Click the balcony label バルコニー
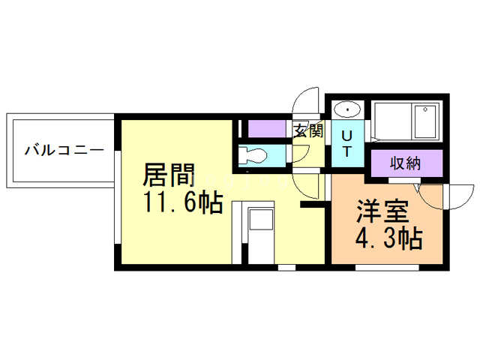coord(63,149)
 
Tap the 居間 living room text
coord(169,177)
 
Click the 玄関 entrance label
coord(307,132)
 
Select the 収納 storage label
coord(406,163)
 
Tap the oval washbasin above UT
coord(347,109)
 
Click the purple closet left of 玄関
coord(267,128)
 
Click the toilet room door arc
coord(300,154)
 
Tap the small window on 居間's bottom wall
coord(286,266)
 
